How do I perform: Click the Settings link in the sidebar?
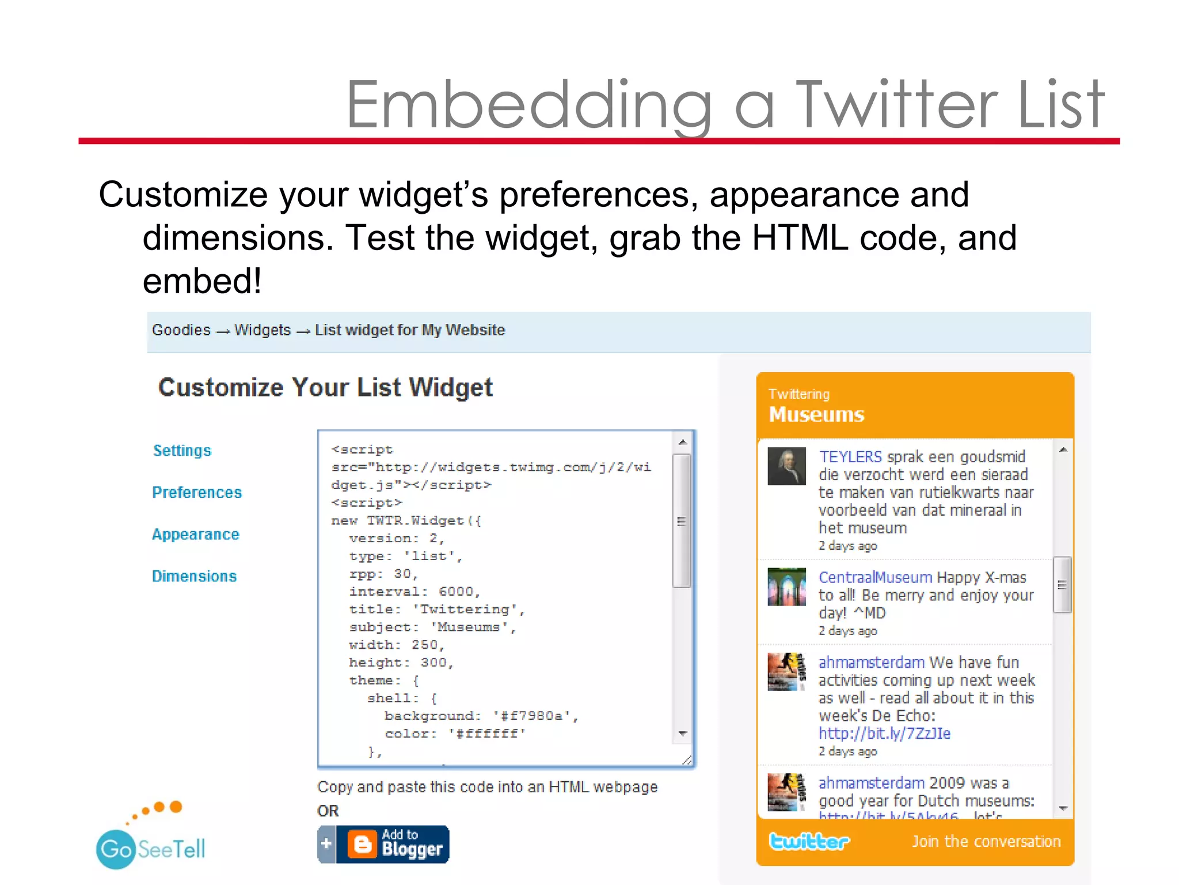(182, 451)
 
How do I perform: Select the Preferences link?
(197, 493)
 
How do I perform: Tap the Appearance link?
(195, 535)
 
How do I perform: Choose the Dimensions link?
(194, 576)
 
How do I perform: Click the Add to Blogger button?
(383, 844)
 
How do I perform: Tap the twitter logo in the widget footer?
(809, 841)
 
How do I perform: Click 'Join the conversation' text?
(986, 842)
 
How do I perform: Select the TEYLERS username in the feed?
(850, 457)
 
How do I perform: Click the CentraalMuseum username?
(874, 577)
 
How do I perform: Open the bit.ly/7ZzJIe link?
(884, 733)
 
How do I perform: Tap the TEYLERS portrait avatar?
(786, 466)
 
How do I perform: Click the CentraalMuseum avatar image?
(786, 587)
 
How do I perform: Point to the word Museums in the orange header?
(816, 415)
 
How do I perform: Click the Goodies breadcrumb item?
(181, 330)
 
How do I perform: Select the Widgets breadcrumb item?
(263, 330)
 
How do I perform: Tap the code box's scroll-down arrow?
(682, 733)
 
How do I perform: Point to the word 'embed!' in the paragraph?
(202, 281)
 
